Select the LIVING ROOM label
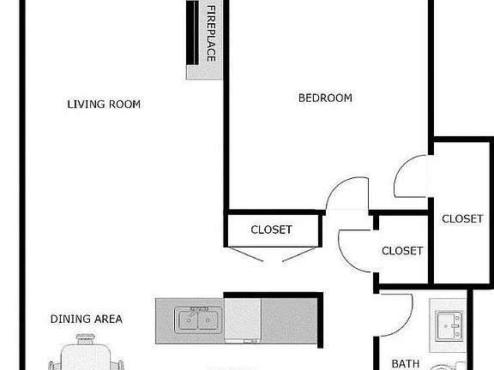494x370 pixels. point(104,104)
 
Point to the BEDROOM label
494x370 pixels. point(325,98)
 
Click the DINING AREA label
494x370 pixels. point(86,319)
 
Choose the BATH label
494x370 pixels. point(406,363)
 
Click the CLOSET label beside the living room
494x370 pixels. point(271,230)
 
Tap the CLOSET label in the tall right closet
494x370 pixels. point(462,219)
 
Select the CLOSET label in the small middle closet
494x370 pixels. point(402,251)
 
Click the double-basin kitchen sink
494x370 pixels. point(196,321)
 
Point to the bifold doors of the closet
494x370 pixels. point(271,255)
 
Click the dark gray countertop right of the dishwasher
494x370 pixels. point(290,320)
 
